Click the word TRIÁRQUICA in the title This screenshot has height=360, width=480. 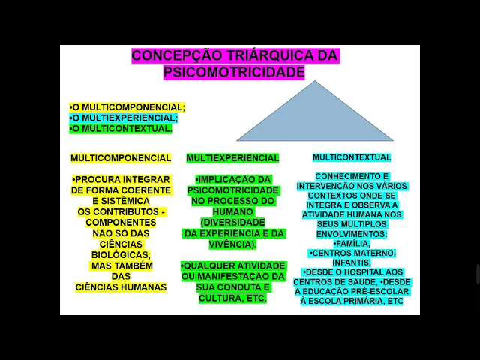(x=268, y=55)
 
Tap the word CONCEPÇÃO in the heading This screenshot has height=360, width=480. (x=177, y=55)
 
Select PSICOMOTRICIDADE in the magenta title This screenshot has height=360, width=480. (x=234, y=72)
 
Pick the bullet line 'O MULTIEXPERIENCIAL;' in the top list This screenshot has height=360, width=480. (x=124, y=118)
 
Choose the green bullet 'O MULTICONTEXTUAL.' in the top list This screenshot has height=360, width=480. (x=121, y=128)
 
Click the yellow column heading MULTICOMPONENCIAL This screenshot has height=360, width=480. (x=121, y=158)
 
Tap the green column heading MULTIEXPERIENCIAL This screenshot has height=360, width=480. (x=232, y=158)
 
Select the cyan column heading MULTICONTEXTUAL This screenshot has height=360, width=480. (x=352, y=157)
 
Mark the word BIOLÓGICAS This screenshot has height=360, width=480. (x=121, y=254)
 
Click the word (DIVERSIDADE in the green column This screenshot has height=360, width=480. (x=232, y=223)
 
